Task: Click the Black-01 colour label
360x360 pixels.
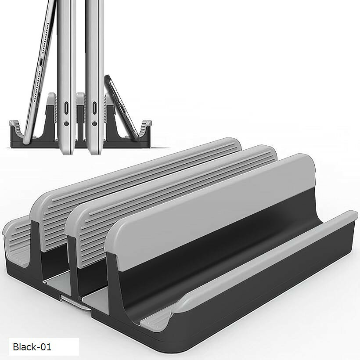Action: pos(32,347)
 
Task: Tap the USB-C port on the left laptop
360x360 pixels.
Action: pos(66,108)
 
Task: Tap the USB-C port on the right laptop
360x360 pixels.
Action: pos(94,108)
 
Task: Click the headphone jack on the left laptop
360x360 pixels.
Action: pos(66,124)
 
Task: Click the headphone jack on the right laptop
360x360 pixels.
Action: pos(94,124)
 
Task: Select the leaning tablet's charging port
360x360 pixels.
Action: pos(41,62)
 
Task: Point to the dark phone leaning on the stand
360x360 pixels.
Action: pos(121,106)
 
